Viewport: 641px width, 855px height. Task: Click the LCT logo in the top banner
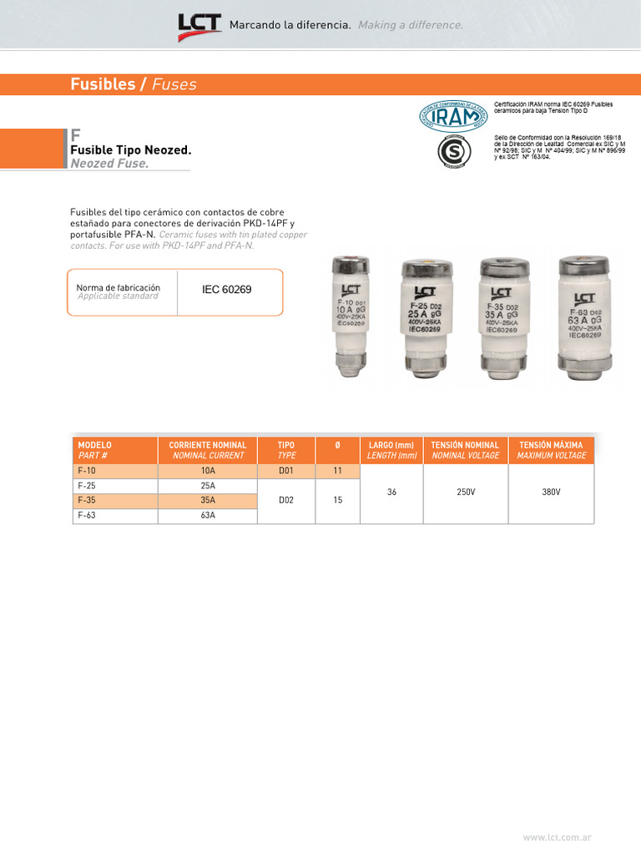click(x=199, y=27)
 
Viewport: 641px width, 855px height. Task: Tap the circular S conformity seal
click(x=453, y=152)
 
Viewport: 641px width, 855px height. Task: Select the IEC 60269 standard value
click(x=226, y=291)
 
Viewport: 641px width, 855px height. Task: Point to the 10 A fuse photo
click(x=351, y=316)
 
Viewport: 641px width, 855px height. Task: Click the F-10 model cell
click(x=115, y=471)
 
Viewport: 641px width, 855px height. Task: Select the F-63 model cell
click(x=115, y=515)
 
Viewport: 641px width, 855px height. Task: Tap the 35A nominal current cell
click(x=208, y=500)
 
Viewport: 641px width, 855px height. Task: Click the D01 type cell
click(x=286, y=471)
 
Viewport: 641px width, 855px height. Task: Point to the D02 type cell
click(x=286, y=500)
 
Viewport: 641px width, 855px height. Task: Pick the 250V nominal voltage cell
click(x=466, y=493)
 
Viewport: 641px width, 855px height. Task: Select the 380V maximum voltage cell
click(x=551, y=493)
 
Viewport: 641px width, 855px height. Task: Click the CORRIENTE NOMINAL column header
click(x=208, y=450)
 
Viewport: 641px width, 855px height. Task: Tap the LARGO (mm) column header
click(x=391, y=450)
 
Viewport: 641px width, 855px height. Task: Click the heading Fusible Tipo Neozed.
click(x=131, y=150)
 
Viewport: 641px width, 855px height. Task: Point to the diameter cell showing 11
click(x=337, y=471)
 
